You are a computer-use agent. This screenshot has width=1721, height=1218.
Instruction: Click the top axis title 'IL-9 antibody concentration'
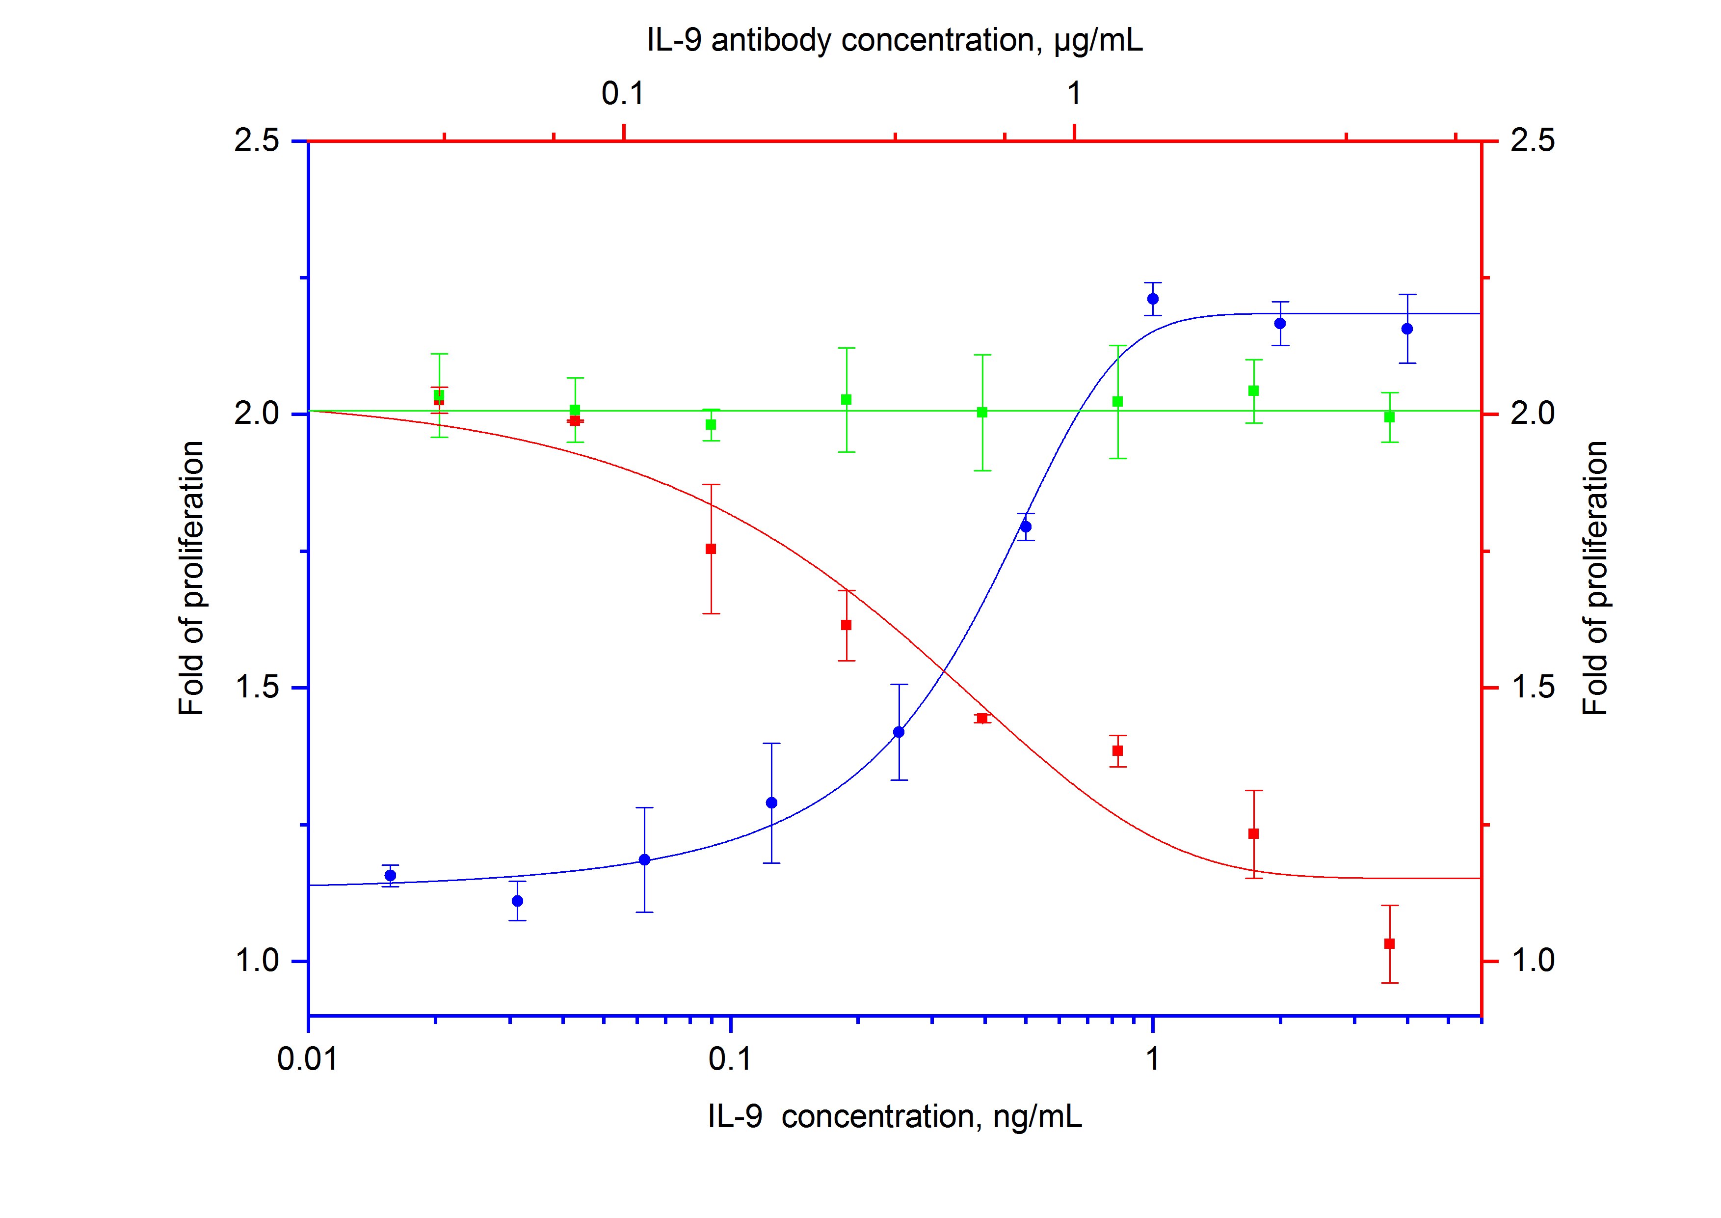(x=895, y=41)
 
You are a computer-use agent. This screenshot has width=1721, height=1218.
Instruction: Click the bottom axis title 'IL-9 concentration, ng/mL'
(x=895, y=1117)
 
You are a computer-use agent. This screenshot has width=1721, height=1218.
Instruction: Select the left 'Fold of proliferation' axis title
(x=191, y=578)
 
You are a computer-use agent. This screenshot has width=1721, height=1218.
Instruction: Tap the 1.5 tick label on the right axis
(x=1532, y=688)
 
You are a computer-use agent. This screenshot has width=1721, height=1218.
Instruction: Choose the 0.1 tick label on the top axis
(x=623, y=94)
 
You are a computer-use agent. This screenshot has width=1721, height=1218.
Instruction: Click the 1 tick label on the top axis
(x=1074, y=94)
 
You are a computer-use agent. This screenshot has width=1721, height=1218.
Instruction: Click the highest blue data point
(x=1153, y=299)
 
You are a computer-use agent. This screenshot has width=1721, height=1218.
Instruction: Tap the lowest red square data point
(x=1389, y=943)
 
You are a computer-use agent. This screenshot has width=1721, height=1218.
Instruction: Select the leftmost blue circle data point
(x=390, y=875)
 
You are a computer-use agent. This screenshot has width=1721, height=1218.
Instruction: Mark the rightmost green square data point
(x=1389, y=417)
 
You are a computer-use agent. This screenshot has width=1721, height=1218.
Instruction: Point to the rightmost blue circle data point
(x=1407, y=329)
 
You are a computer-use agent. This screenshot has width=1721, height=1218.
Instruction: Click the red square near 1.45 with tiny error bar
(x=982, y=719)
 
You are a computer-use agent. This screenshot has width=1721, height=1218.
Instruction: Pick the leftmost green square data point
(x=439, y=395)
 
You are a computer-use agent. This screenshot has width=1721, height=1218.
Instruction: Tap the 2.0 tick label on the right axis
(x=1532, y=414)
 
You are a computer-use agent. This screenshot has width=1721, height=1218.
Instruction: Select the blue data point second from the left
(x=517, y=901)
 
